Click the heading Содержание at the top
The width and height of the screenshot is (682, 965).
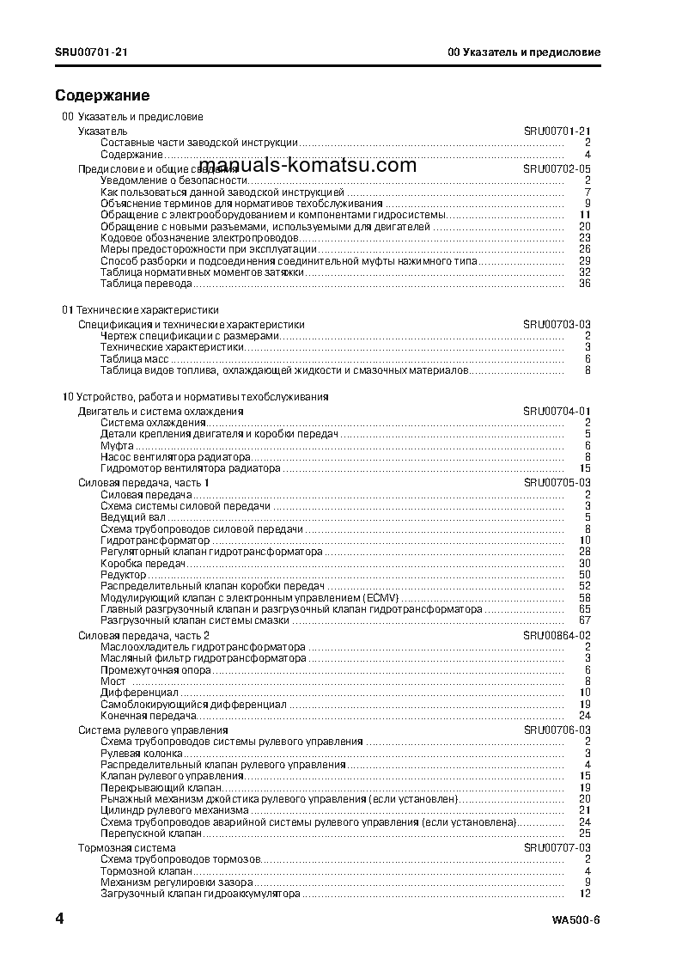coord(102,95)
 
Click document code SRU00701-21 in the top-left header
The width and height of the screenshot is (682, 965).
coord(92,52)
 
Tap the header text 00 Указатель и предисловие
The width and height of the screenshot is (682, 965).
coord(524,52)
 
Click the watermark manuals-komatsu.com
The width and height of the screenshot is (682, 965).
coord(307,166)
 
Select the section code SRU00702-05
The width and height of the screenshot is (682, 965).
coord(557,169)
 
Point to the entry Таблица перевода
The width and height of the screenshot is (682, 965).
coord(146,284)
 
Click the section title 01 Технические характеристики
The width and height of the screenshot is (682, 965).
coord(140,309)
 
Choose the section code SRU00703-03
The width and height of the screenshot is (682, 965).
coord(557,325)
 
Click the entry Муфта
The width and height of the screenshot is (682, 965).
coord(117,446)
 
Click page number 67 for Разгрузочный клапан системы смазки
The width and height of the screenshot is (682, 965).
coord(585,620)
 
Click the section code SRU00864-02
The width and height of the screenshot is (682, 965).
coord(557,635)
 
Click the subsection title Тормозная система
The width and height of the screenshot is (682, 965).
coord(126,848)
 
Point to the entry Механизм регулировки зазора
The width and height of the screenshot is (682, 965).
coord(176,883)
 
